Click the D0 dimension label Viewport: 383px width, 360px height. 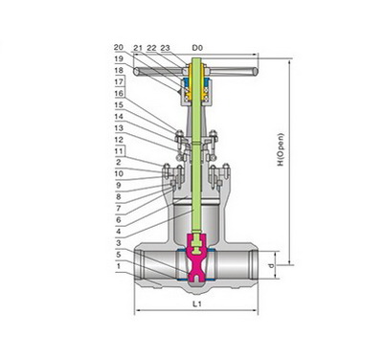[x=197, y=48]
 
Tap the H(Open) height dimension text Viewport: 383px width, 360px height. [x=281, y=149]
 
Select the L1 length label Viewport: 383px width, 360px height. [x=197, y=304]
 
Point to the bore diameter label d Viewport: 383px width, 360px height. [x=271, y=265]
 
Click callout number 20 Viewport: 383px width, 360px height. [x=119, y=47]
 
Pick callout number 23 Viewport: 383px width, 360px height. [x=165, y=48]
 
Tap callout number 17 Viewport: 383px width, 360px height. [x=119, y=81]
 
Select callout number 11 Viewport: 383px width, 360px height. [x=119, y=150]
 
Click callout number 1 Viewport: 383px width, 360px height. [x=119, y=266]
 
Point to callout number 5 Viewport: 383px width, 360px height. [x=119, y=255]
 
